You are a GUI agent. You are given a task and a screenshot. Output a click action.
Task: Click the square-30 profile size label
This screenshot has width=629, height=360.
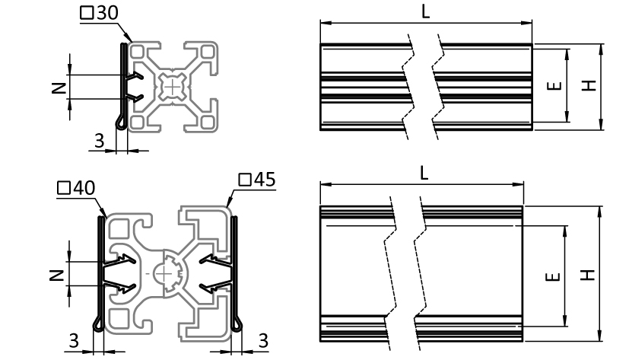click(x=99, y=12)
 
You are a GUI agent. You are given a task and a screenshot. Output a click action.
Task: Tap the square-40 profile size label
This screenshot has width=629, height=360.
click(x=76, y=187)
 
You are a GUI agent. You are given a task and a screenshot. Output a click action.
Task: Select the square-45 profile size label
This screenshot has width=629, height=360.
click(x=257, y=180)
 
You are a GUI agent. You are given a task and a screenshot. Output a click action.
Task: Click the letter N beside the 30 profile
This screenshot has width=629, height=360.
click(x=59, y=88)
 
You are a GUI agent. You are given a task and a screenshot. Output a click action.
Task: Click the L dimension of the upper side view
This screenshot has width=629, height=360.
click(x=426, y=11)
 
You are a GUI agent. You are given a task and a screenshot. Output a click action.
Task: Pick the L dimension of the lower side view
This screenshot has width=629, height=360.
click(x=424, y=174)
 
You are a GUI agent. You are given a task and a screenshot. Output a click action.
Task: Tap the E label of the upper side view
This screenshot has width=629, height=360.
click(x=554, y=85)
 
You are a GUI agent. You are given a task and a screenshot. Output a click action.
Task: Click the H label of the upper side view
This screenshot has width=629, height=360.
click(x=589, y=85)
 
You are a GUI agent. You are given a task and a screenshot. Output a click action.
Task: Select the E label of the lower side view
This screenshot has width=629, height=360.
click(x=553, y=276)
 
